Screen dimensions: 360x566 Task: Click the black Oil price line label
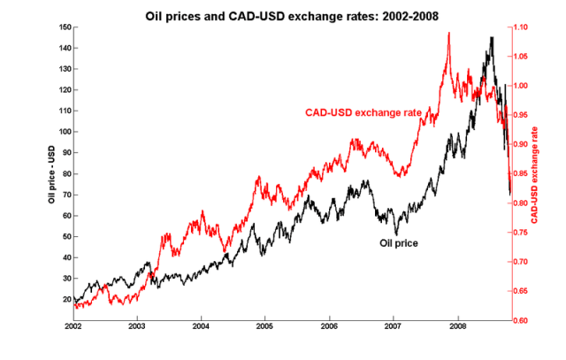pos(398,241)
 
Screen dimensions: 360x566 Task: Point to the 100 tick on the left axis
pos(62,132)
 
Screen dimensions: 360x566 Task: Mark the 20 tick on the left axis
pos(64,300)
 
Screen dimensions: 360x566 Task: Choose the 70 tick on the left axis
pos(64,195)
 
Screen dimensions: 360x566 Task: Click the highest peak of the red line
pos(449,33)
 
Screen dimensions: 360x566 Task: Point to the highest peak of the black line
pos(492,37)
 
